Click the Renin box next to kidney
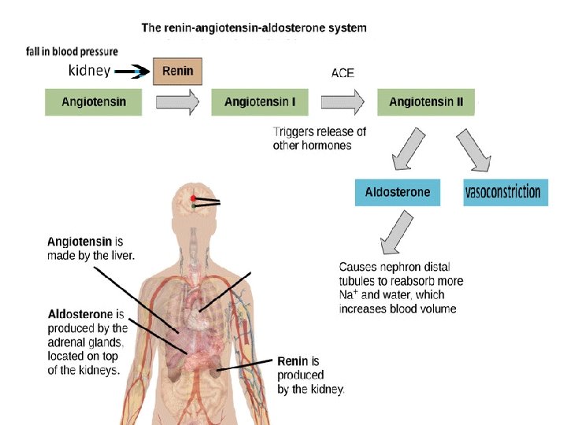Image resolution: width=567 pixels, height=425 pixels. point(177,72)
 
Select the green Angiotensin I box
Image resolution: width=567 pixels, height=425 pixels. point(259,102)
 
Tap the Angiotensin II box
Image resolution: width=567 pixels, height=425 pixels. point(426,102)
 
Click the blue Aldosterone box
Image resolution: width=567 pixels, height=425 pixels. point(398,193)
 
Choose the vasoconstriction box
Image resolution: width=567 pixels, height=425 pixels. point(503,193)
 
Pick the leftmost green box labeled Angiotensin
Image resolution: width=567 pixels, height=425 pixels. point(93,102)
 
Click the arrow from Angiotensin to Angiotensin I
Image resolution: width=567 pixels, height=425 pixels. point(177,102)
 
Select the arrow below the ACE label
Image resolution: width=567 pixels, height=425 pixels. point(343,102)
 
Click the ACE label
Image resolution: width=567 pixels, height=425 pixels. point(343,73)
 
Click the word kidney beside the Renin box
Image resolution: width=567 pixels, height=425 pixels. point(90,71)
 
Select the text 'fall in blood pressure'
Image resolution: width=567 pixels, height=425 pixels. point(72,52)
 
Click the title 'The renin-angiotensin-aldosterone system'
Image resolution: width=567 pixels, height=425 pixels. point(254,28)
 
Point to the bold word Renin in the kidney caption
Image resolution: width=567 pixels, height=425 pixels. point(292,361)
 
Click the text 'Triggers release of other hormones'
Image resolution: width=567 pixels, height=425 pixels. point(319,139)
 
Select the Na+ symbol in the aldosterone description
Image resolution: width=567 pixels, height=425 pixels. point(349,295)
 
